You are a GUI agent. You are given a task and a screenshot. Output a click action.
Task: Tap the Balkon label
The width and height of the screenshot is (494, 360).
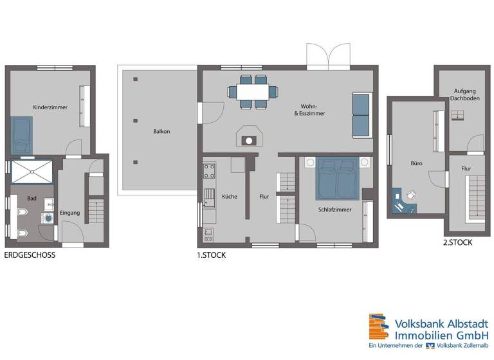pos(161,131)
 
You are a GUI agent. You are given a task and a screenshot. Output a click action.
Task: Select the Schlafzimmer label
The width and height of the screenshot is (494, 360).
pos(334,209)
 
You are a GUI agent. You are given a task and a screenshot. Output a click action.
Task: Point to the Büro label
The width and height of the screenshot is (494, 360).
pos(416,164)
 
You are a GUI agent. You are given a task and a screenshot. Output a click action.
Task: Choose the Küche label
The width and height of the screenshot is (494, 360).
pos(230,196)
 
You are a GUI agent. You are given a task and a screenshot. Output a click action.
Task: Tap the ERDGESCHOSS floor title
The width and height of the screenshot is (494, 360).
pos(30,255)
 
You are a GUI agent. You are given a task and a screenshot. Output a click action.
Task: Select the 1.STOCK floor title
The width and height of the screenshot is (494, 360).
pos(211,255)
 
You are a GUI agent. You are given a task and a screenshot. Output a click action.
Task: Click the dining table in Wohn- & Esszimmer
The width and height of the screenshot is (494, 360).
pos(252,91)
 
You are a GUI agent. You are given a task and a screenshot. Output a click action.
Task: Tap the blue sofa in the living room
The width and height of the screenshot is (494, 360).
pos(361,115)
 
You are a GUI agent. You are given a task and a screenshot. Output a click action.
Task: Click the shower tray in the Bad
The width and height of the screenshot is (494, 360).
pos(33,172)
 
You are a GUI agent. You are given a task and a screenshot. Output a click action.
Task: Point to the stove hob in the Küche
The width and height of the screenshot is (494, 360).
pos(209,171)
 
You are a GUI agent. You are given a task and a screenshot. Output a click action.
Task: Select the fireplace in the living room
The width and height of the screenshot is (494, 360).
pos(248,138)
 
